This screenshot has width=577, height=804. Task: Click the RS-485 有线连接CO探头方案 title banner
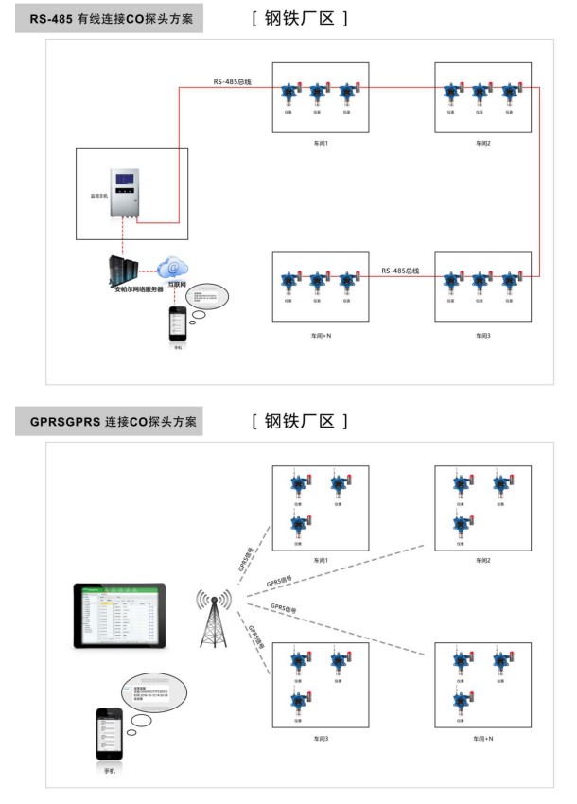110,19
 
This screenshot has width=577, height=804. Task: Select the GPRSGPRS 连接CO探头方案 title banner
110,421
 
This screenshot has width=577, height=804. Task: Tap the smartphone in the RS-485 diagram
179,323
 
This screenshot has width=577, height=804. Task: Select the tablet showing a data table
119,614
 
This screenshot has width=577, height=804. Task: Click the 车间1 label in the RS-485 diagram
321,142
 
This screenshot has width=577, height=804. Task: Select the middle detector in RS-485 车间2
482,93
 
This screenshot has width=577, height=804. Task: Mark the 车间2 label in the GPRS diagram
484,561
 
